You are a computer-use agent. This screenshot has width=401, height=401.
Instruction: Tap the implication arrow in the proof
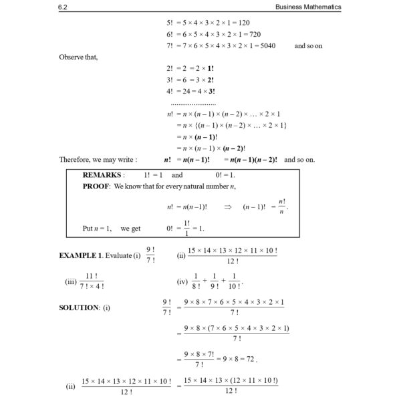point(228,207)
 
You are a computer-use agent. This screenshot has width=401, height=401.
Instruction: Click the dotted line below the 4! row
point(193,104)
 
